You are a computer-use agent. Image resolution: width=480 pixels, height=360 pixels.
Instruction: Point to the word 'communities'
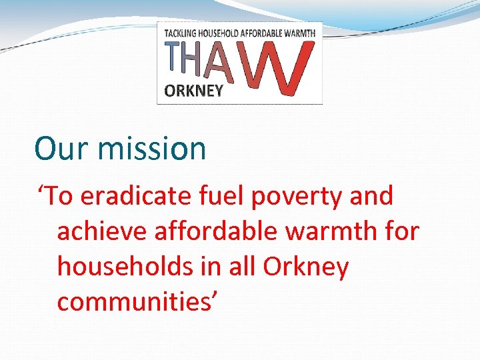pos(134,301)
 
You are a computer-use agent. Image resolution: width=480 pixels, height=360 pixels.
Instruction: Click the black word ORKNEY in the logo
pos(193,91)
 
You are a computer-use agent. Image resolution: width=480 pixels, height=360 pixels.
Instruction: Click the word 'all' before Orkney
pos(242,267)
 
